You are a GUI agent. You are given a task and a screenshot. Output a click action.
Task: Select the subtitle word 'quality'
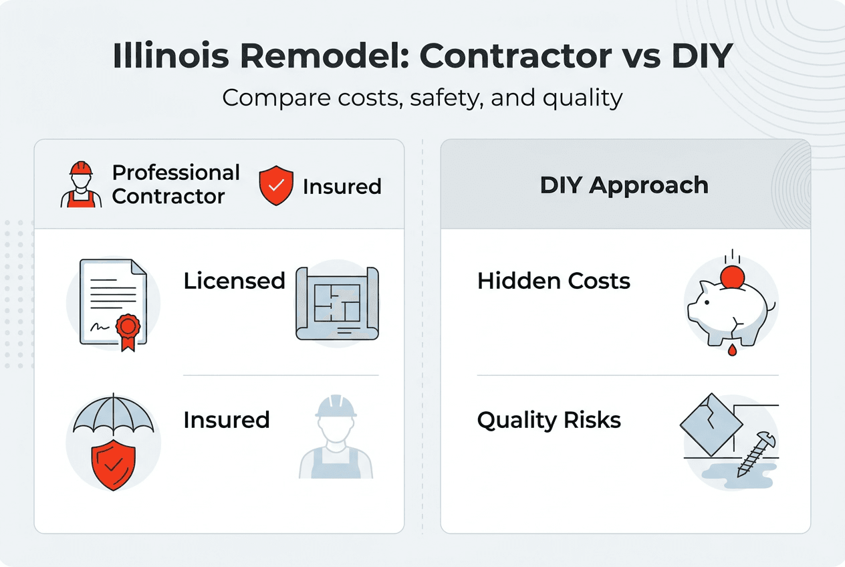(x=583, y=98)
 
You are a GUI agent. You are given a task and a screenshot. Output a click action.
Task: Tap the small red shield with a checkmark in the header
(x=275, y=186)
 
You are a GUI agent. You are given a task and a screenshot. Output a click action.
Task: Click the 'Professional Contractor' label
(x=176, y=185)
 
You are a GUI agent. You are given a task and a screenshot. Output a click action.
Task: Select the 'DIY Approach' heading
(x=624, y=185)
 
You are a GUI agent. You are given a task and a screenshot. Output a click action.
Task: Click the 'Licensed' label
(x=234, y=281)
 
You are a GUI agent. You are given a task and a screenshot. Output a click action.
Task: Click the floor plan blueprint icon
(x=337, y=302)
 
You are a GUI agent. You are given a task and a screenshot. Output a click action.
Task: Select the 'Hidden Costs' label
(x=554, y=281)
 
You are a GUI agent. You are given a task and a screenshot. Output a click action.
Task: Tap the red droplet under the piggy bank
(x=732, y=351)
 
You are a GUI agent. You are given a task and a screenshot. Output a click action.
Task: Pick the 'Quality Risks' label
(x=549, y=420)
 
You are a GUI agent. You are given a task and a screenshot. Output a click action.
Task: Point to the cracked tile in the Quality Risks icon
(x=707, y=425)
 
